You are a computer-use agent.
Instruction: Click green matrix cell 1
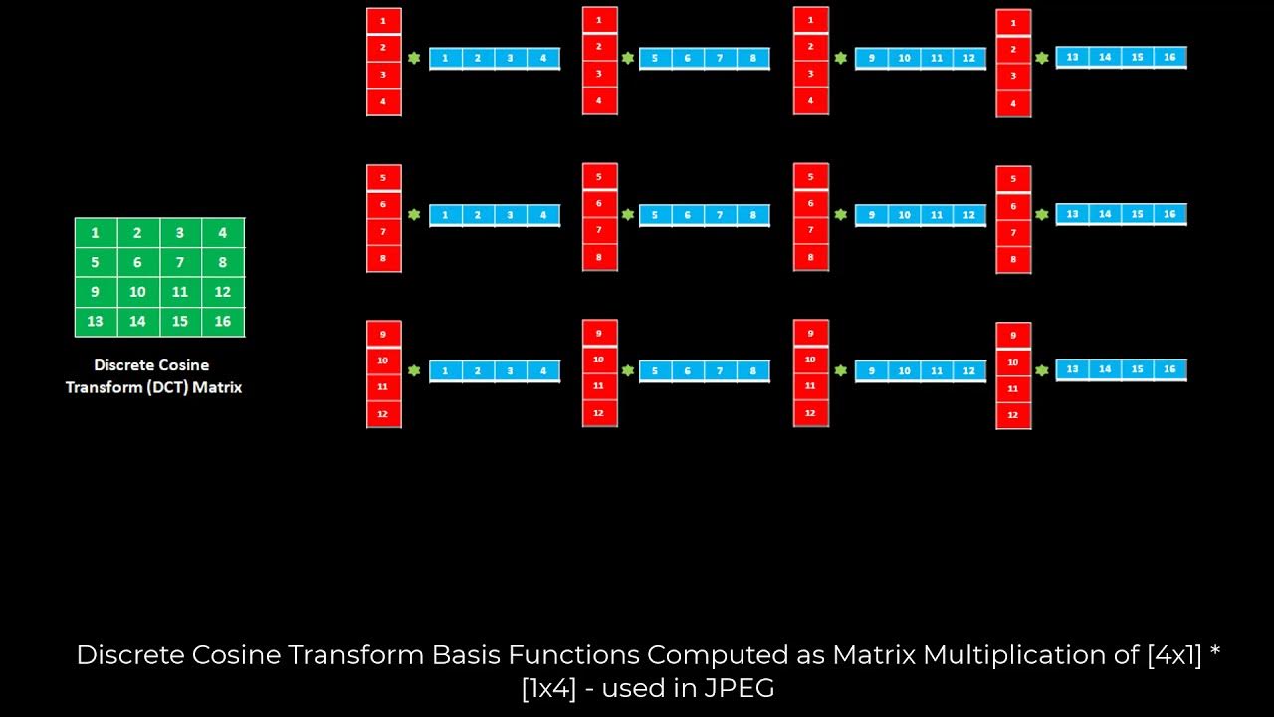pyautogui.click(x=96, y=233)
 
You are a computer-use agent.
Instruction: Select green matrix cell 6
pyautogui.click(x=137, y=263)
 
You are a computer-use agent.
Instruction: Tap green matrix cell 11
pyautogui.click(x=180, y=292)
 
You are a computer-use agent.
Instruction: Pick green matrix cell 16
pyautogui.click(x=223, y=322)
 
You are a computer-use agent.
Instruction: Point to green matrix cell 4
pyautogui.click(x=223, y=233)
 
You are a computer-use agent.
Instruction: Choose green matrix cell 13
pyautogui.click(x=96, y=322)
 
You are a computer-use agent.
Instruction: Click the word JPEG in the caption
pyautogui.click(x=739, y=687)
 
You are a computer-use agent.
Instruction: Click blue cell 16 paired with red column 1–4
pyautogui.click(x=1169, y=57)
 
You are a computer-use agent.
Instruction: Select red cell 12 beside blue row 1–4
pyautogui.click(x=383, y=413)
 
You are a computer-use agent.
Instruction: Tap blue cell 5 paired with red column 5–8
pyautogui.click(x=655, y=214)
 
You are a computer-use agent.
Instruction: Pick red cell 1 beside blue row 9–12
pyautogui.click(x=810, y=20)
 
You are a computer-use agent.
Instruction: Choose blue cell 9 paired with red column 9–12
pyautogui.click(x=871, y=371)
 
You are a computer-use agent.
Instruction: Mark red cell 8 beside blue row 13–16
pyautogui.click(x=1013, y=259)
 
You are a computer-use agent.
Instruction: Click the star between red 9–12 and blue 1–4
pyautogui.click(x=414, y=370)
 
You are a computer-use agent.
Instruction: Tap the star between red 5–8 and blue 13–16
pyautogui.click(x=1042, y=214)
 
